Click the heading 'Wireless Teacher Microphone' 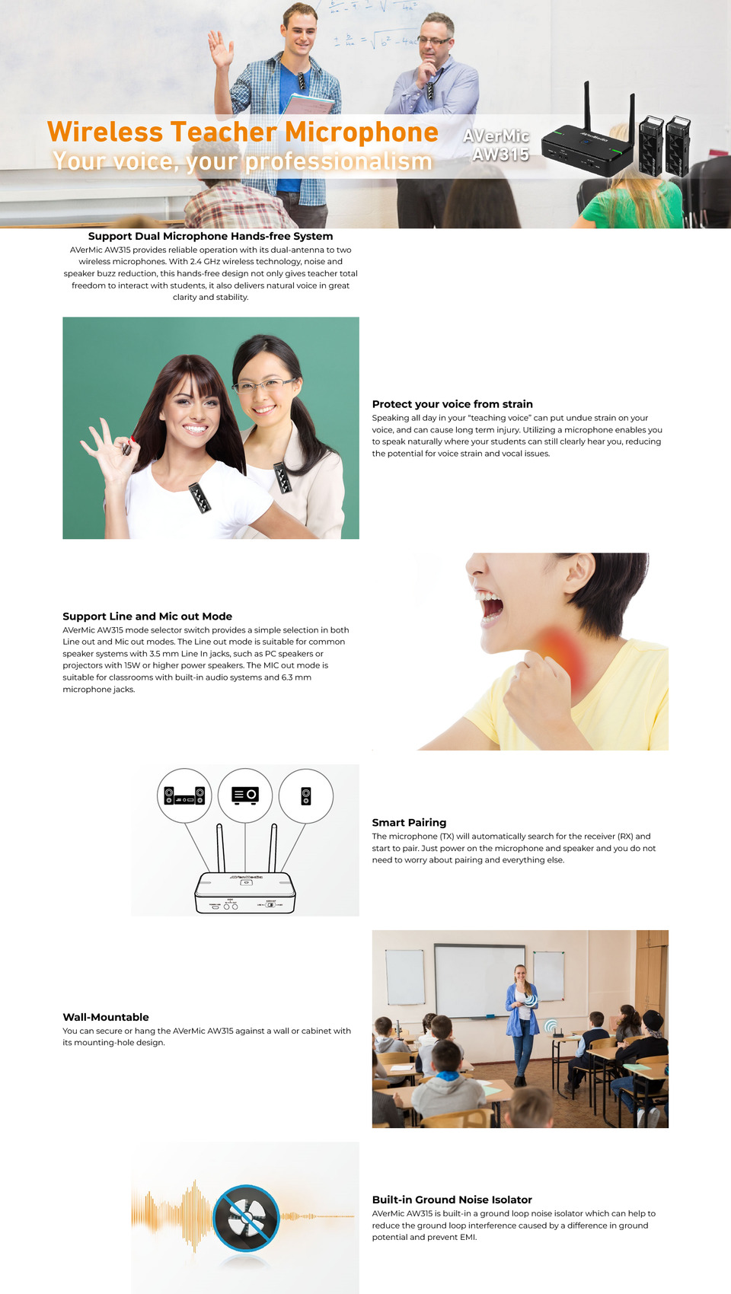click(x=243, y=132)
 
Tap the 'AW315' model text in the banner click(x=501, y=155)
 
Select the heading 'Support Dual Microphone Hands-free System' click(x=210, y=236)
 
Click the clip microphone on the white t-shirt click(x=199, y=497)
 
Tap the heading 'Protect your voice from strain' click(x=452, y=403)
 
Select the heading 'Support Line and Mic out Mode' click(x=148, y=616)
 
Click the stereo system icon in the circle click(x=184, y=795)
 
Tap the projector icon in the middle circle click(x=245, y=795)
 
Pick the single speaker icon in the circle click(x=305, y=796)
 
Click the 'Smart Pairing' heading click(x=409, y=822)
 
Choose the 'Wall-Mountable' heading click(x=106, y=1017)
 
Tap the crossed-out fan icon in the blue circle click(x=246, y=1219)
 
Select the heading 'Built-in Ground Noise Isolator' click(x=452, y=1200)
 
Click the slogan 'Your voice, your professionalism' click(x=242, y=161)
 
